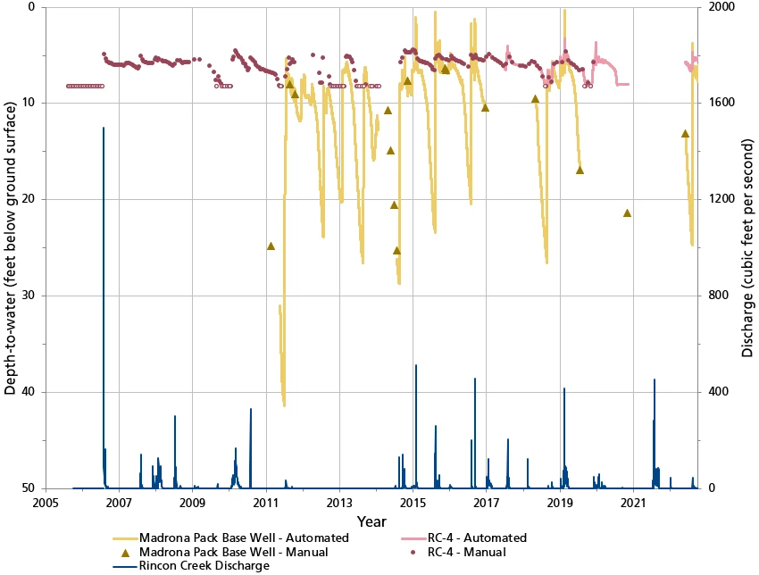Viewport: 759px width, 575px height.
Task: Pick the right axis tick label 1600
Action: tap(719, 103)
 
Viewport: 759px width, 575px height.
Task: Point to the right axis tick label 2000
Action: tap(719, 7)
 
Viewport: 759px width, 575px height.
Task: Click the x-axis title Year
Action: tap(371, 521)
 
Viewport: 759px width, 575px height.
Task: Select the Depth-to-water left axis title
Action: tap(11, 247)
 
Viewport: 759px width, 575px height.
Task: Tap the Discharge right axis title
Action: tap(748, 247)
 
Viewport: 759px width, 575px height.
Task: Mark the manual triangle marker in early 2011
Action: tap(271, 246)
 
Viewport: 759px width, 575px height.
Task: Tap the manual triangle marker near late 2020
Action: tap(627, 212)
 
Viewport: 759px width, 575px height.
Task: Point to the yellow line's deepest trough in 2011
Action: tap(284, 404)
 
